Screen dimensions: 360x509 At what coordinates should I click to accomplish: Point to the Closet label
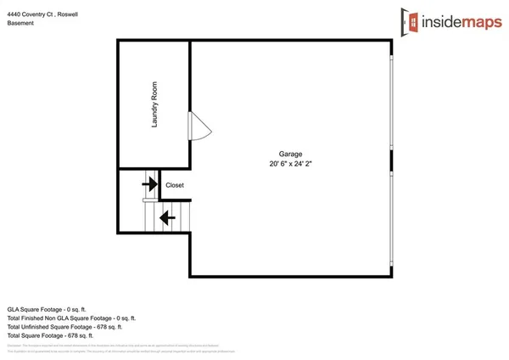click(175, 185)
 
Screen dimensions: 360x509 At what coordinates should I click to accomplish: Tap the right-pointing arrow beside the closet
click(149, 183)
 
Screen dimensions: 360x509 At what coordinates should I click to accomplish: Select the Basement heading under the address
click(21, 23)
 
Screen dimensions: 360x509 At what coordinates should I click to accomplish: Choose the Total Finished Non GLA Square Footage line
click(71, 318)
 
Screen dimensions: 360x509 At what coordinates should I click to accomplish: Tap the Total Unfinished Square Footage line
click(64, 326)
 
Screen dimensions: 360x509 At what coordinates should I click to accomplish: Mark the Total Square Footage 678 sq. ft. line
click(53, 335)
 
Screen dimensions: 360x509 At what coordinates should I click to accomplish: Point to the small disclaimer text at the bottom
click(127, 347)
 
